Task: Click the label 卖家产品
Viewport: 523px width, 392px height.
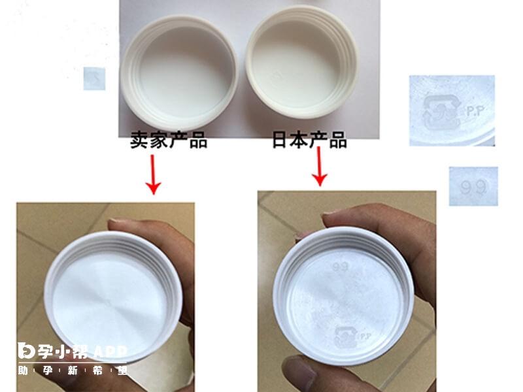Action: click(168, 140)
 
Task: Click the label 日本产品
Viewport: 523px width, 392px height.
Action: click(309, 140)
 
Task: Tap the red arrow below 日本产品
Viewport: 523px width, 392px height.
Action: click(320, 166)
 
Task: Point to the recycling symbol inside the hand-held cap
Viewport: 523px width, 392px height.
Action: click(345, 337)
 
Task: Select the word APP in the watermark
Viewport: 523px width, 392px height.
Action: click(109, 351)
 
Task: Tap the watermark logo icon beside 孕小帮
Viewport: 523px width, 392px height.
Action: click(26, 351)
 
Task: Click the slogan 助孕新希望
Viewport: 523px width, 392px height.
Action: click(72, 371)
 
